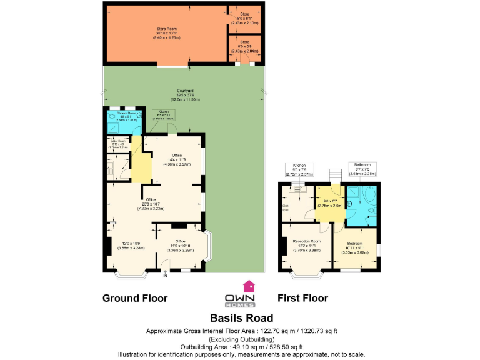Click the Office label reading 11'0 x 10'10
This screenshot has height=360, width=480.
(180, 246)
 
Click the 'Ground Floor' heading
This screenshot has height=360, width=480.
(134, 298)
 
